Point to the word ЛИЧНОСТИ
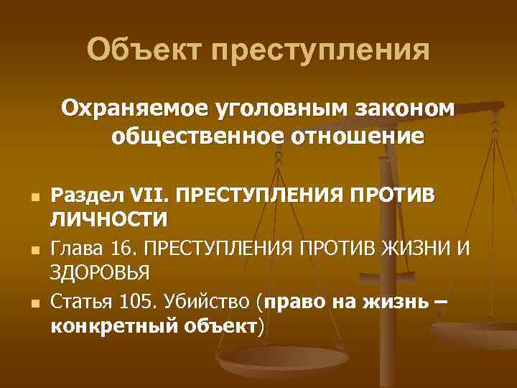click(108, 218)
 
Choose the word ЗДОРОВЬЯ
click(99, 273)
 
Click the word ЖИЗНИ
click(415, 250)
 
